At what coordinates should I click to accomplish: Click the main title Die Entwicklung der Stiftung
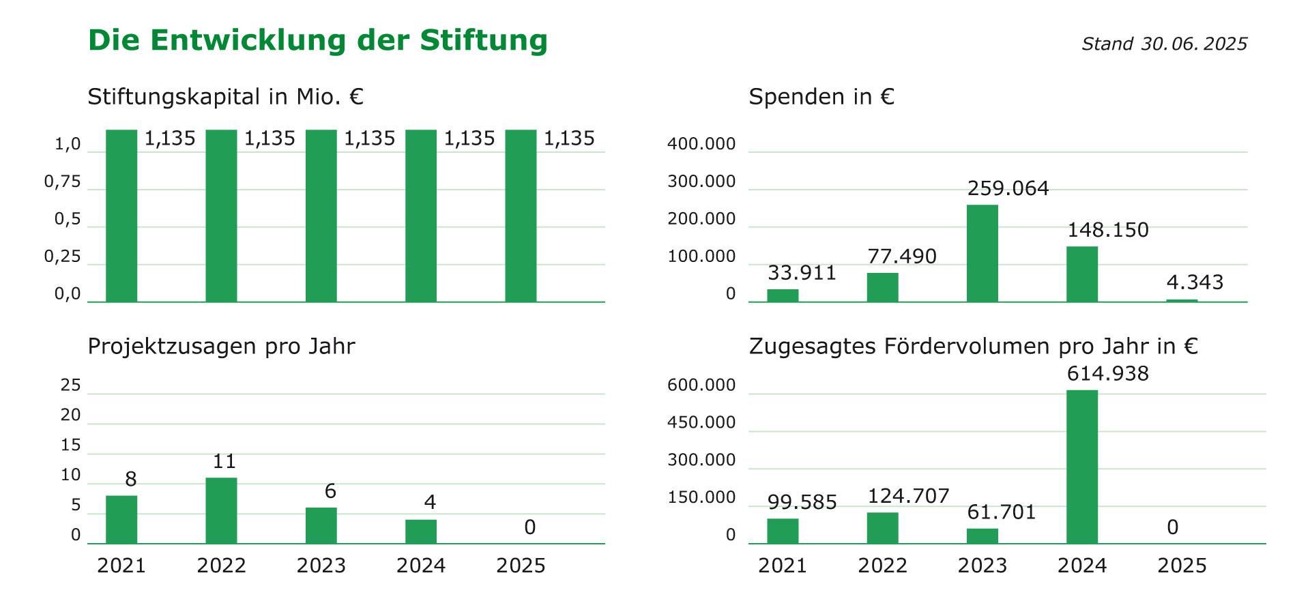pos(318,40)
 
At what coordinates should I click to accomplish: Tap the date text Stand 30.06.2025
pos(1164,44)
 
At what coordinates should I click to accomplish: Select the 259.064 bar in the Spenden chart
pos(982,253)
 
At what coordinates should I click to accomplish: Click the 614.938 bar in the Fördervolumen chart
pos(1082,467)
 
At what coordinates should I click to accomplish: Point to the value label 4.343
pos(1195,282)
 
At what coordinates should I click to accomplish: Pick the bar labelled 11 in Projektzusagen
pos(221,510)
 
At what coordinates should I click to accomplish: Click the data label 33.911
pos(802,273)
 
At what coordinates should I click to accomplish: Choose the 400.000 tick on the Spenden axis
pos(701,144)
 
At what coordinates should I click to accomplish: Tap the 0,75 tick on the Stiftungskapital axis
pos(62,181)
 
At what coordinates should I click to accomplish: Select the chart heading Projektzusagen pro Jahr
pos(221,347)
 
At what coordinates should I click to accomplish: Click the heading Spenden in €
pos(821,97)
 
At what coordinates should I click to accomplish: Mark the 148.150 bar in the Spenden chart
pos(1082,274)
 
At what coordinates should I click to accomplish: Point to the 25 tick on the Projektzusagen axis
pos(71,385)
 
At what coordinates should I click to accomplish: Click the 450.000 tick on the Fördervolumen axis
pos(701,422)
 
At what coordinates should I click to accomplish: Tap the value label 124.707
pos(908,496)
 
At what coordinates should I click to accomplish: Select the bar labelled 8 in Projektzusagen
pos(121,519)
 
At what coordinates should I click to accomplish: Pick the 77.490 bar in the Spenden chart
pos(882,287)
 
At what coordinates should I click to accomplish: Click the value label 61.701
pos(1001,512)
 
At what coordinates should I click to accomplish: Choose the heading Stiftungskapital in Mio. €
pos(225,97)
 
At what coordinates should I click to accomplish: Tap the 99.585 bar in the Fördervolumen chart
pos(783,531)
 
